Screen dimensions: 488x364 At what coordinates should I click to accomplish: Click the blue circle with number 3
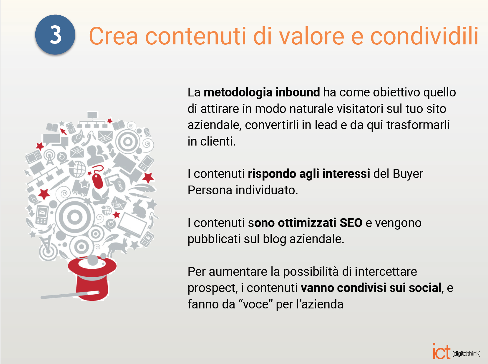pyautogui.click(x=55, y=35)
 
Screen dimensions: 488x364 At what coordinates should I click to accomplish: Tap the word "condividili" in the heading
pyautogui.click(x=424, y=36)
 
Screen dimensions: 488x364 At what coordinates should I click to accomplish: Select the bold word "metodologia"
pyautogui.click(x=238, y=92)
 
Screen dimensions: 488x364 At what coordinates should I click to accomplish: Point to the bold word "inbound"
pyautogui.click(x=298, y=92)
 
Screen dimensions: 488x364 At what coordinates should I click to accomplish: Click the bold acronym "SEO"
pyautogui.click(x=351, y=223)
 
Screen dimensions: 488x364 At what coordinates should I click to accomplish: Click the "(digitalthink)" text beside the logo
pyautogui.click(x=467, y=353)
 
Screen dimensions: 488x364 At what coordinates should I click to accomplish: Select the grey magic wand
pyautogui.click(x=70, y=295)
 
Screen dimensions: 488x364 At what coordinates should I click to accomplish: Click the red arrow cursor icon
pyautogui.click(x=63, y=131)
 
